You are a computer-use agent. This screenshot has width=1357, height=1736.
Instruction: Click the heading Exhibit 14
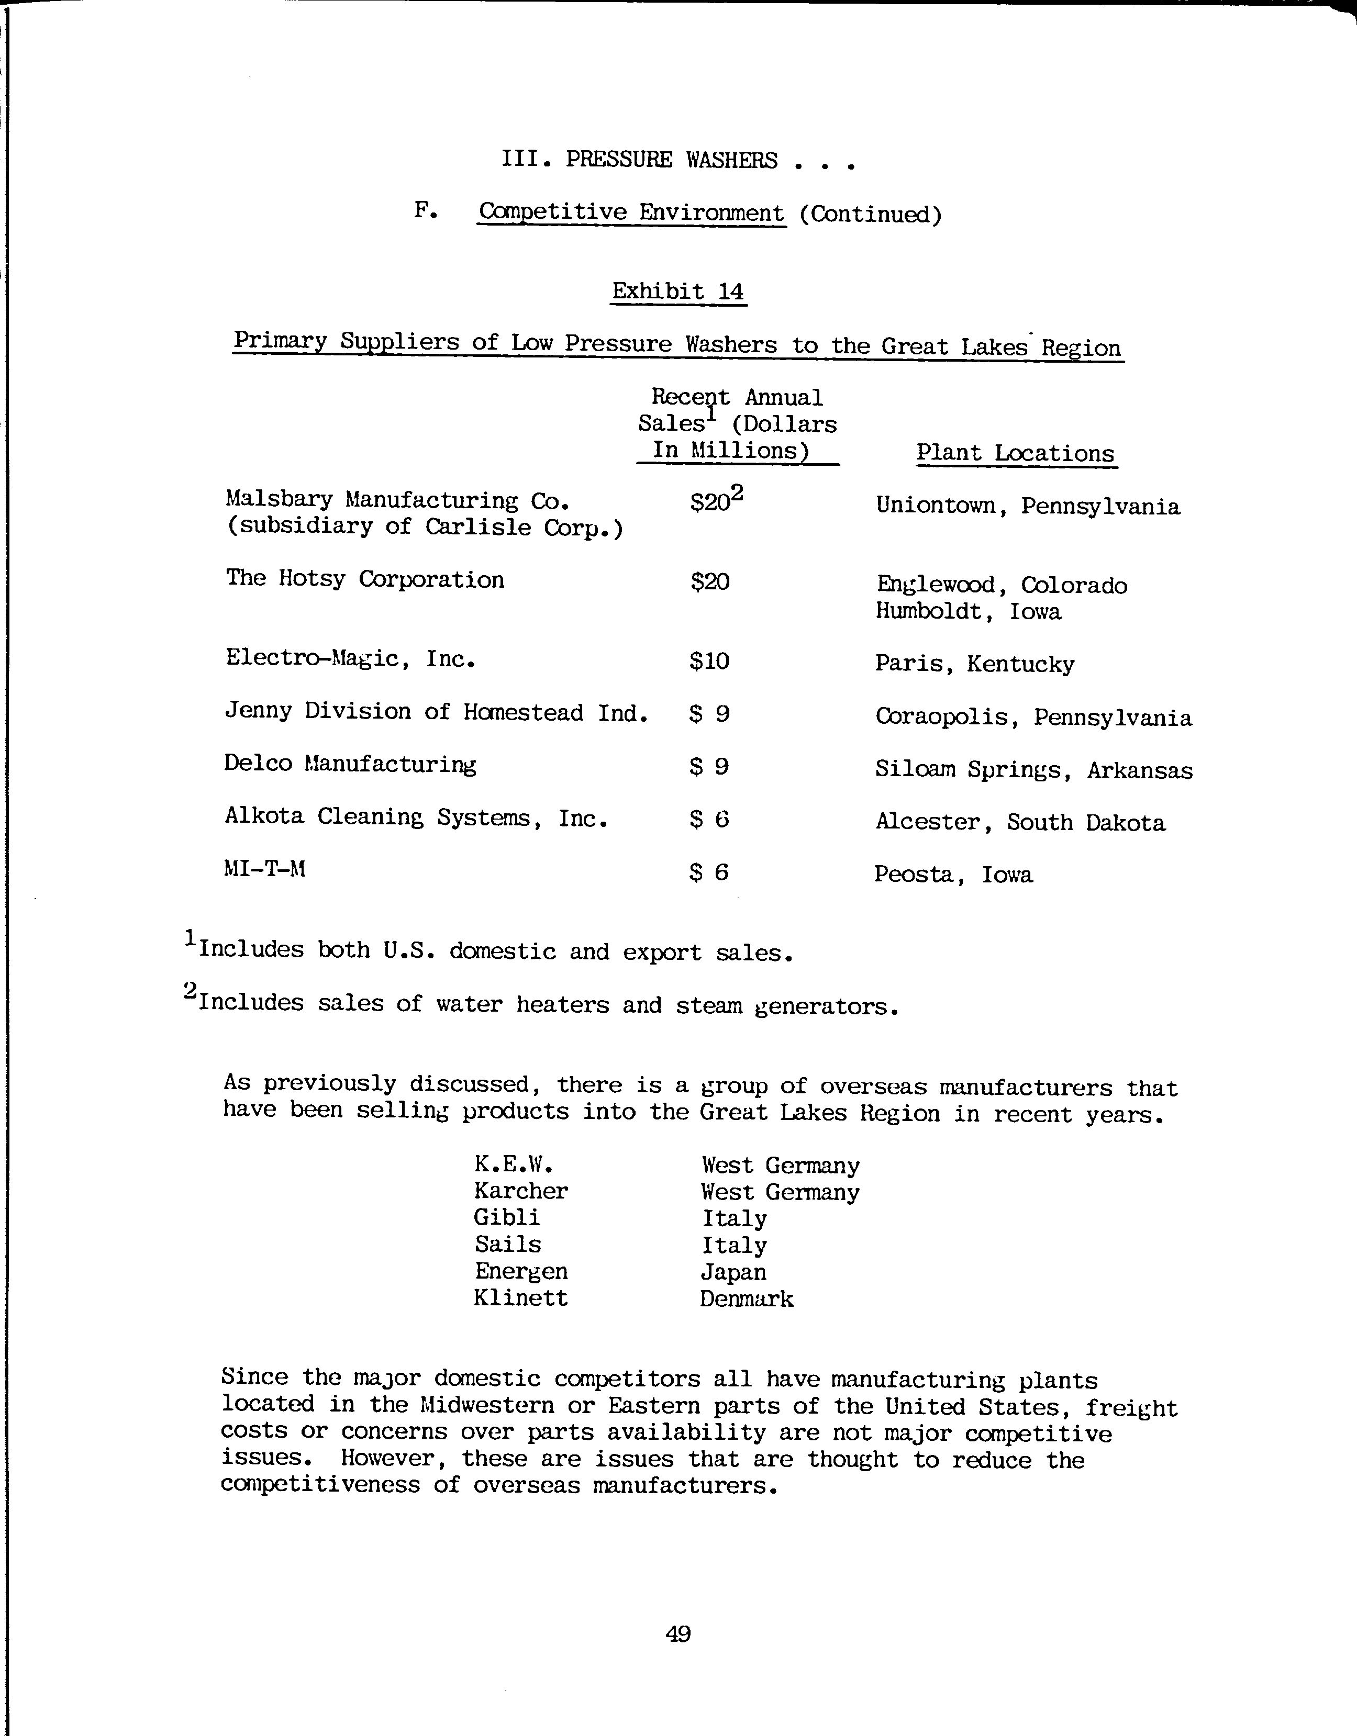tap(678, 292)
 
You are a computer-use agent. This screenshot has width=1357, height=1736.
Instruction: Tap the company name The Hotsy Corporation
tap(365, 579)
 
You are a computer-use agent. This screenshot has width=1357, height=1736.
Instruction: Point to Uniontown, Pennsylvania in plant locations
tap(1027, 506)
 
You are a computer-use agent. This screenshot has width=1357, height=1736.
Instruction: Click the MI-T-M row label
tap(265, 869)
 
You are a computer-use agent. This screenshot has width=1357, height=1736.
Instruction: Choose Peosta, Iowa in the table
tap(953, 875)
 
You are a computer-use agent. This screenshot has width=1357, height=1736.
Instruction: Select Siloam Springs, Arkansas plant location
tap(1033, 770)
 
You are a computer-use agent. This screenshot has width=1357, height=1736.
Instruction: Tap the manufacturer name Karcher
tap(521, 1191)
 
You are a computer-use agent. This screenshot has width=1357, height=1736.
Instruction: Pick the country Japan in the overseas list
tap(733, 1272)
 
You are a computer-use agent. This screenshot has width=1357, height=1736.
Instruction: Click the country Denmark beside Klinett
tap(747, 1299)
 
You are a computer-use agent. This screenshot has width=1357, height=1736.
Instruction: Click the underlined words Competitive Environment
tap(632, 213)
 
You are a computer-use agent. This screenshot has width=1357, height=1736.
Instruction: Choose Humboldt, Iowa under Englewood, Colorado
tap(968, 611)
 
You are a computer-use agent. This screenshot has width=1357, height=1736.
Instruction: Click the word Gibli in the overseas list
tap(506, 1218)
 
